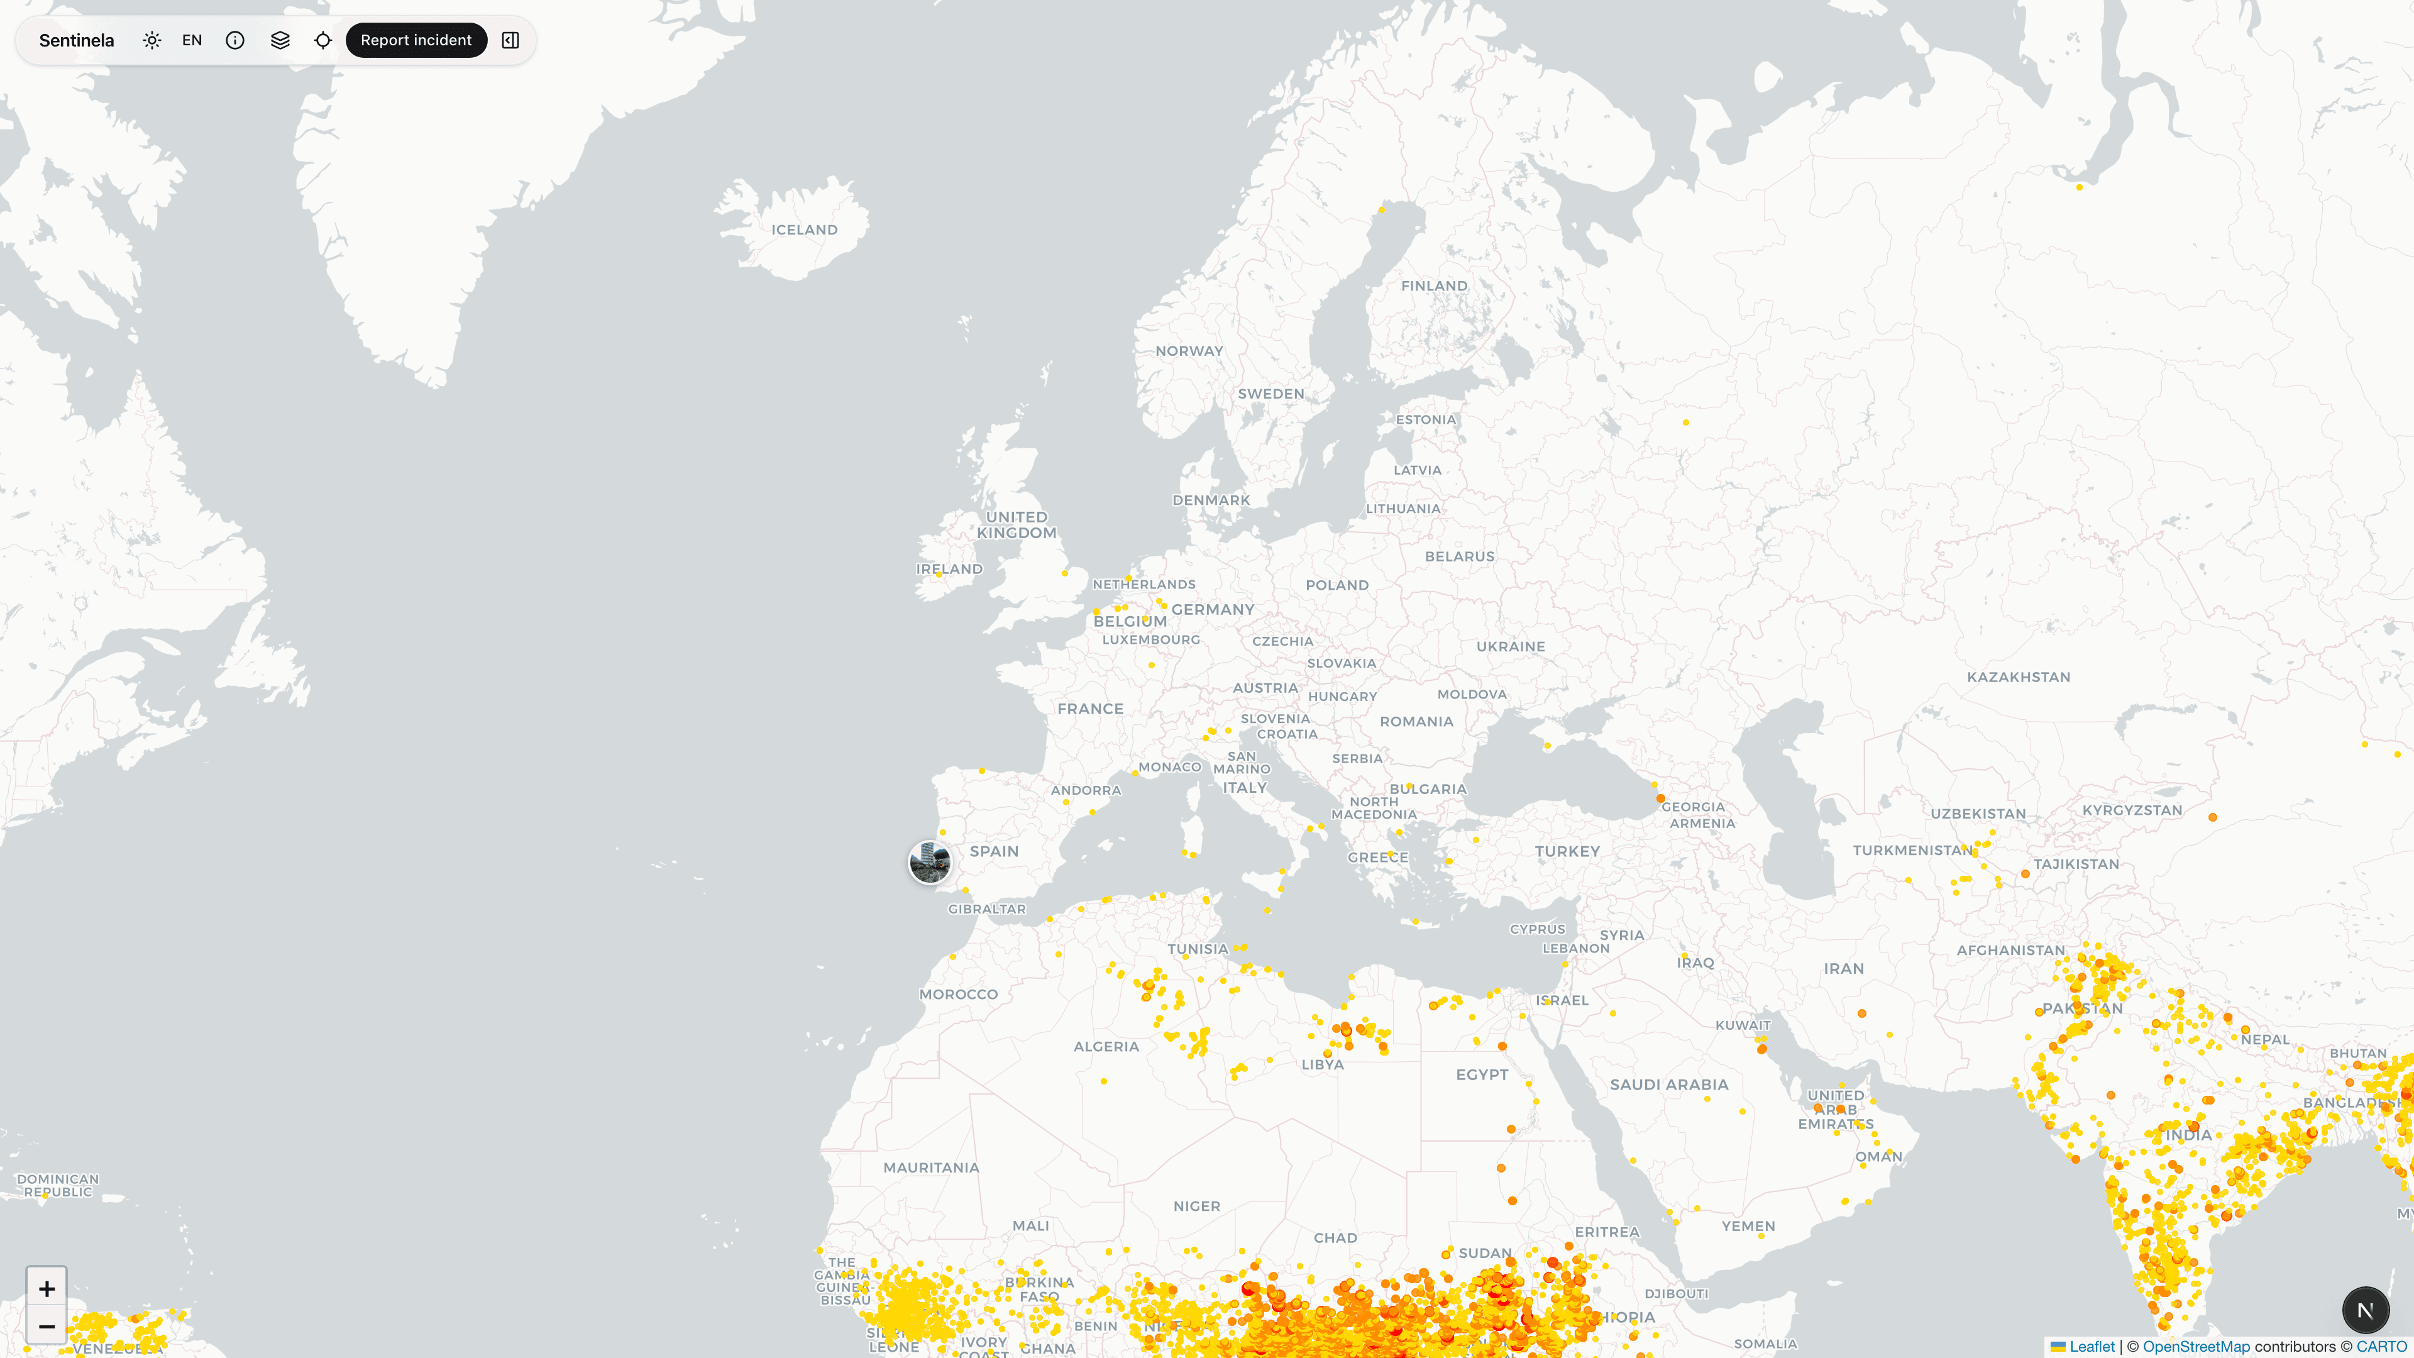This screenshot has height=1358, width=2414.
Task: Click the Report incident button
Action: (x=416, y=40)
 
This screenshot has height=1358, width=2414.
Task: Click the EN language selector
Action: (x=192, y=40)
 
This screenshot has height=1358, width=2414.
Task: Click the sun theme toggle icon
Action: (x=152, y=40)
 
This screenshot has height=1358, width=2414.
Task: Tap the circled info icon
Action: (x=235, y=40)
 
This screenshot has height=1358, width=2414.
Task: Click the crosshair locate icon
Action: (x=323, y=40)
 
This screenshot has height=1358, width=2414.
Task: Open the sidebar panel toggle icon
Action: (x=510, y=40)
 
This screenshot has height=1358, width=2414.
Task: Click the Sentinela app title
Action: (x=77, y=40)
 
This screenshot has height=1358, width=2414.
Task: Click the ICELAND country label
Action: (x=804, y=229)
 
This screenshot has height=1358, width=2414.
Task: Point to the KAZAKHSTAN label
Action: (x=2019, y=676)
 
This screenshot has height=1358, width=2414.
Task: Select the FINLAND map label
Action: (x=1434, y=286)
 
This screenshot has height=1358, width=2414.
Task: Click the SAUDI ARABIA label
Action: (x=1669, y=1085)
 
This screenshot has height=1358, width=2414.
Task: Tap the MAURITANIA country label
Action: (x=930, y=1168)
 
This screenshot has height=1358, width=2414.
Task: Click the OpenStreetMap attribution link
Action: (x=2196, y=1347)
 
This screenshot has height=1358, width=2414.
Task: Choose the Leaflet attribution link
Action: (x=2092, y=1347)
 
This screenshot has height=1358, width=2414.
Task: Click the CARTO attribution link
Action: (x=2381, y=1347)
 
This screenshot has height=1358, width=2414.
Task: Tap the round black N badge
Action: (x=2365, y=1309)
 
